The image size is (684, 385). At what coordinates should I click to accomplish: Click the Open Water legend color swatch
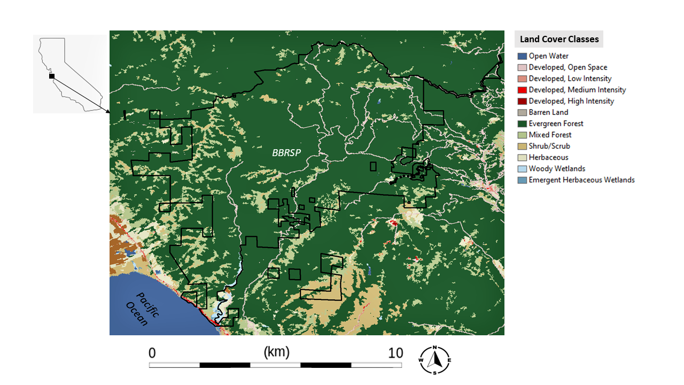522,56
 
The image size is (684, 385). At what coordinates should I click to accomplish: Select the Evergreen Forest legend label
556,124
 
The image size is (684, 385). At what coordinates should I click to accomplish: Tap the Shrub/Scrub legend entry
549,146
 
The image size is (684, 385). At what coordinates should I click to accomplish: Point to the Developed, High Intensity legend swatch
522,101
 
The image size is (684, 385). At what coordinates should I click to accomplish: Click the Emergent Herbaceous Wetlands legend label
581,180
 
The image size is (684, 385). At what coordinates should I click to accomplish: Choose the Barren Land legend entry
548,112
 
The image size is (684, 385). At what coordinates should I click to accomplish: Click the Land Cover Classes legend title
559,39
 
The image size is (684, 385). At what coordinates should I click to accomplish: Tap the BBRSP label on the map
286,153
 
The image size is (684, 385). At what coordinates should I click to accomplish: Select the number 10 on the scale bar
395,353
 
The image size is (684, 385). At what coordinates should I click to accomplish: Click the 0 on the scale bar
152,353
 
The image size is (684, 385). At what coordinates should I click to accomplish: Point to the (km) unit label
276,352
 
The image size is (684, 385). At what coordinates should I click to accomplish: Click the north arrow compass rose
435,360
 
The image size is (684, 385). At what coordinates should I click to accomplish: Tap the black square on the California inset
52,76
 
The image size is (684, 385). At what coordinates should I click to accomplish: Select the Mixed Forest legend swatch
522,135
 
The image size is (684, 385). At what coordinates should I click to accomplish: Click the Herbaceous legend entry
548,157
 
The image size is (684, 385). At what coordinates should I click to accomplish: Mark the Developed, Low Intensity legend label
570,79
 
